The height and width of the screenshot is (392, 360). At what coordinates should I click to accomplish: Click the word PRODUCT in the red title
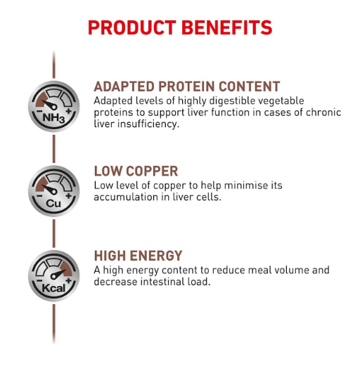tap(132, 27)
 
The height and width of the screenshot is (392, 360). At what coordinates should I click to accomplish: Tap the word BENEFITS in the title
tap(226, 27)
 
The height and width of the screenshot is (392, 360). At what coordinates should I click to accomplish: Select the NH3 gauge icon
tap(53, 106)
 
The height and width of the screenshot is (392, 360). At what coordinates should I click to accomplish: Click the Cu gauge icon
tap(53, 191)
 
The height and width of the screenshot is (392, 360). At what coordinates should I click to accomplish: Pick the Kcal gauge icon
tap(53, 275)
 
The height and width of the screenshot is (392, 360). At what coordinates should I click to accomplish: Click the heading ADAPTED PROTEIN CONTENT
tap(187, 86)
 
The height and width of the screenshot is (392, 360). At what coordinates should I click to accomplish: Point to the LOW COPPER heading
tap(136, 171)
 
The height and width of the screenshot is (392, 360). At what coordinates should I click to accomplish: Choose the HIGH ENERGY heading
tap(138, 256)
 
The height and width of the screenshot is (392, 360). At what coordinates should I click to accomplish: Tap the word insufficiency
tap(148, 124)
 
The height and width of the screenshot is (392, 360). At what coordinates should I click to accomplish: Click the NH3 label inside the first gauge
tap(53, 118)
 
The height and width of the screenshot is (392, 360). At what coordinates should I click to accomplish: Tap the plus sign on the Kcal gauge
tap(69, 280)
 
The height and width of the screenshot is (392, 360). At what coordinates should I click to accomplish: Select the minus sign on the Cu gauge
tap(39, 195)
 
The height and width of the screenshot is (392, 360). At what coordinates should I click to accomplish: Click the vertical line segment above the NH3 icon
tap(53, 65)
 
